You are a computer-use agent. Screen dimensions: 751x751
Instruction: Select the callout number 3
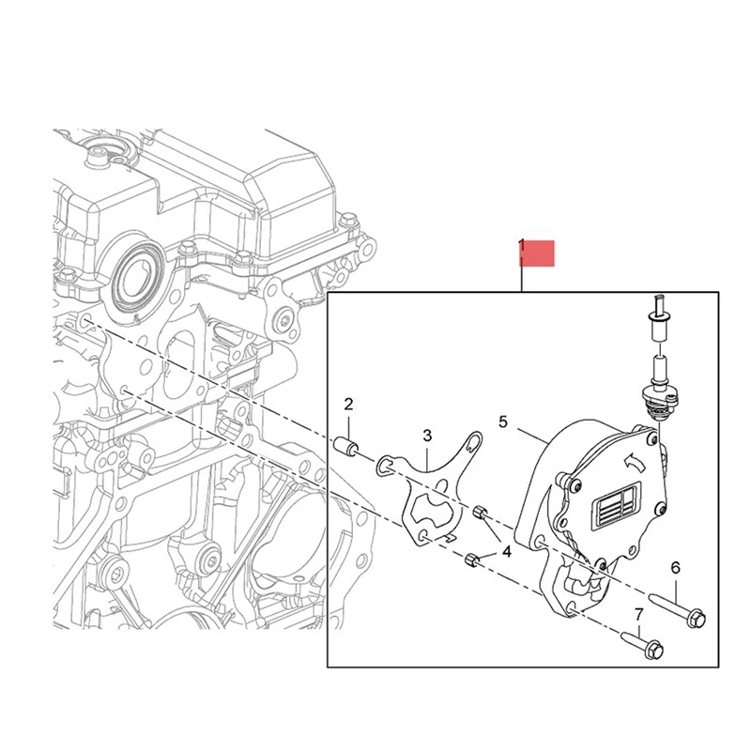click(426, 436)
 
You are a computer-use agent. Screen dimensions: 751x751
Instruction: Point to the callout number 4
click(507, 552)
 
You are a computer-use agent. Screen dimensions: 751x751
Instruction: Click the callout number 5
click(502, 422)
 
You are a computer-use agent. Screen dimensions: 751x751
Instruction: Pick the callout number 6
click(674, 568)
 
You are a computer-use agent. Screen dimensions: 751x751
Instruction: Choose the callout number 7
click(639, 615)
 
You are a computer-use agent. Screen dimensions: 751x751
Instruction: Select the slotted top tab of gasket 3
click(475, 439)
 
